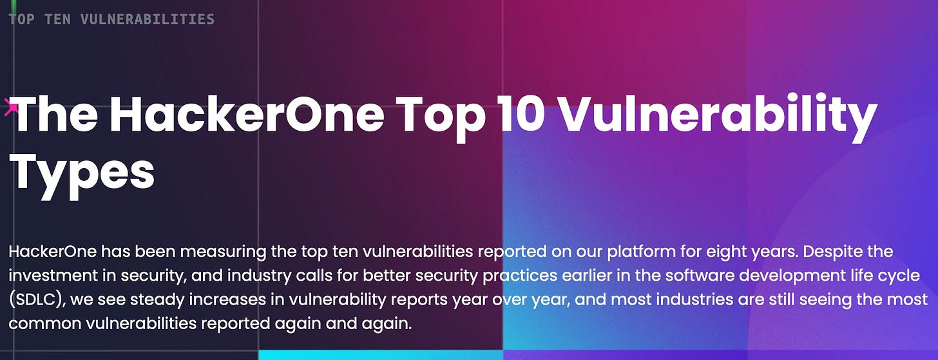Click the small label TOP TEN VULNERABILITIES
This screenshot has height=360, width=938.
[111, 19]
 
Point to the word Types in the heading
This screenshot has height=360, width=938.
[82, 173]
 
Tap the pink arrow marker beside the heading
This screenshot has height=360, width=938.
[11, 108]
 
